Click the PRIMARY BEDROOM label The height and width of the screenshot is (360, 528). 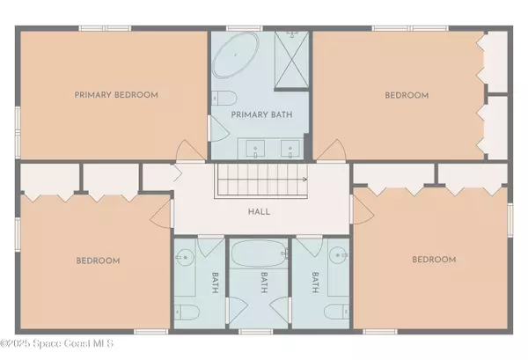(x=116, y=95)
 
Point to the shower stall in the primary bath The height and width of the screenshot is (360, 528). (x=291, y=59)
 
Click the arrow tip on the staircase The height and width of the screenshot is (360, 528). (x=304, y=179)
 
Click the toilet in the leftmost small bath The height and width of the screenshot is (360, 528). (x=184, y=313)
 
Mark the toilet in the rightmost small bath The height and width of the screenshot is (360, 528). (x=336, y=313)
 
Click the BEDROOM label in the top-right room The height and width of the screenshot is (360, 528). (x=407, y=95)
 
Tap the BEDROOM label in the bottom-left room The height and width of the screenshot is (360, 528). (x=97, y=261)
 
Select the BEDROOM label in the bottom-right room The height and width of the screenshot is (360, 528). (x=435, y=260)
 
